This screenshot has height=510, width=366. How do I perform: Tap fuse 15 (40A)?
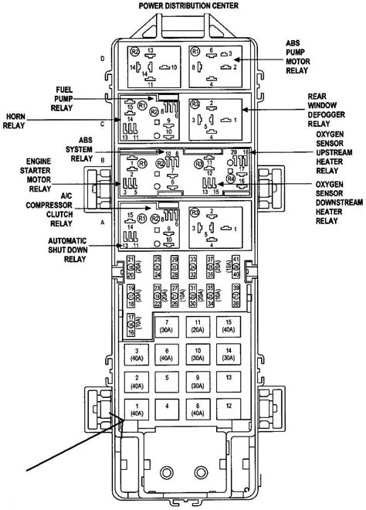[227, 325]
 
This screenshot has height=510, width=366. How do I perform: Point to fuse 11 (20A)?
[198, 325]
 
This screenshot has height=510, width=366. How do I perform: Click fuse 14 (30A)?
[227, 353]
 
